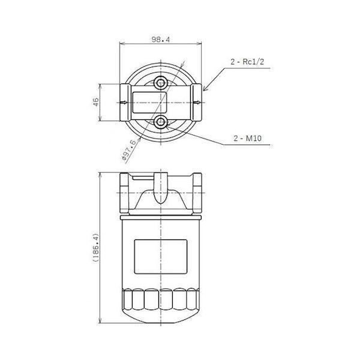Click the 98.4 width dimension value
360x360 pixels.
pos(160,40)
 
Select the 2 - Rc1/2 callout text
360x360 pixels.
pos(247,62)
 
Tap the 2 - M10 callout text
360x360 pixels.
pos(247,138)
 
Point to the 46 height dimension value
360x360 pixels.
pos(96,102)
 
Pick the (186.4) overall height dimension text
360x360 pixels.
pos(96,248)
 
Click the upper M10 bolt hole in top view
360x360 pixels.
pos(160,83)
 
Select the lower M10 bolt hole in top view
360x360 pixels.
pos(160,121)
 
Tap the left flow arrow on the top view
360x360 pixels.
pos(124,103)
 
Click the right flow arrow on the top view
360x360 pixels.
pos(197,103)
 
